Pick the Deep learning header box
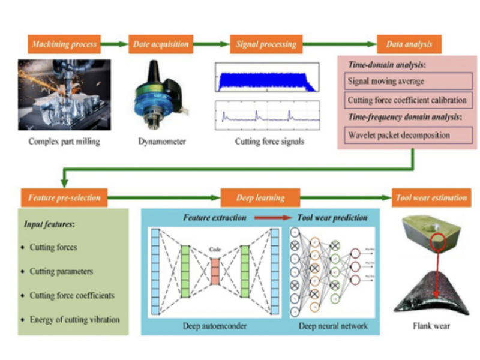coord(260,197)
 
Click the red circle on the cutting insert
coord(440,241)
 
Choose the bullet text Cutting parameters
coord(62,271)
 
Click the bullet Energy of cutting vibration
coord(75,319)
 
